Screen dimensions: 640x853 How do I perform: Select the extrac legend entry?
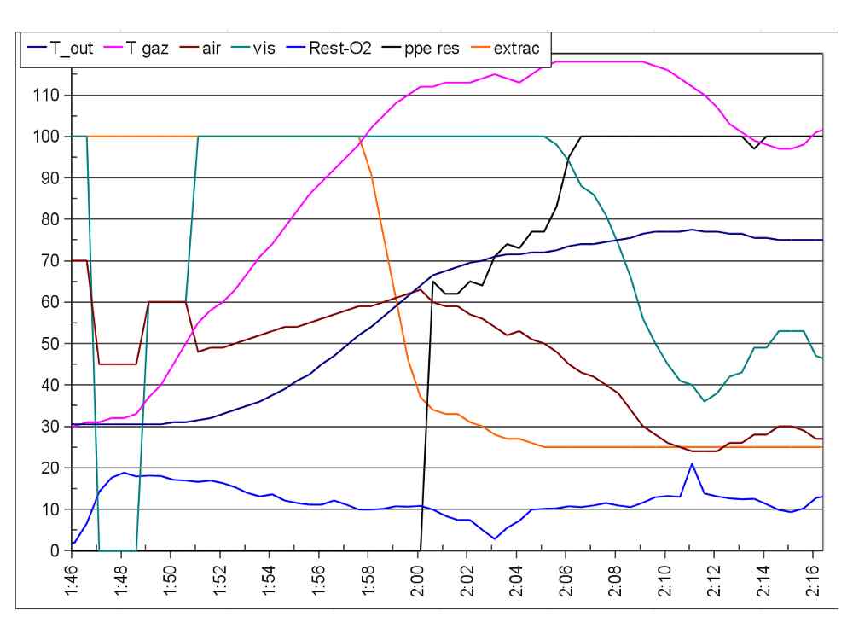pyautogui.click(x=515, y=49)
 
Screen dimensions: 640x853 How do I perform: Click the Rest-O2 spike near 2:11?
pyautogui.click(x=692, y=464)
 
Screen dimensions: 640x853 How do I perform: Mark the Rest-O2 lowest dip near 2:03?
pyautogui.click(x=495, y=538)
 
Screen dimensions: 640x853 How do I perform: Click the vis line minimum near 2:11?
pyautogui.click(x=704, y=401)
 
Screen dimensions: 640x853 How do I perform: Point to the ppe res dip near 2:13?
pyautogui.click(x=754, y=148)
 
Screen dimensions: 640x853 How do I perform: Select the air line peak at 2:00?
pyautogui.click(x=419, y=289)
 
